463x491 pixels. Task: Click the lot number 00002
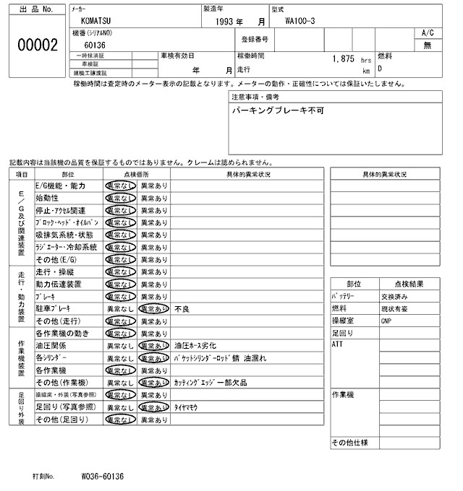click(37, 45)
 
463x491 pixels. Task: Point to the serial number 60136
click(95, 45)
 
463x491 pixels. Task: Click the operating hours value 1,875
click(343, 58)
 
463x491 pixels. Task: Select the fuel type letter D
click(380, 69)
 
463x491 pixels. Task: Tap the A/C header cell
click(428, 33)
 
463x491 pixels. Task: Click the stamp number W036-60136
click(103, 477)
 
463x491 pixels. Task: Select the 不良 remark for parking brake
click(182, 308)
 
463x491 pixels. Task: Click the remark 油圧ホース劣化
click(195, 346)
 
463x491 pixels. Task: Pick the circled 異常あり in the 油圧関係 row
click(153, 346)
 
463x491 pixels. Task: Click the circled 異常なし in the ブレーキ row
click(121, 296)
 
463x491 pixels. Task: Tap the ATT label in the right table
click(338, 344)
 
